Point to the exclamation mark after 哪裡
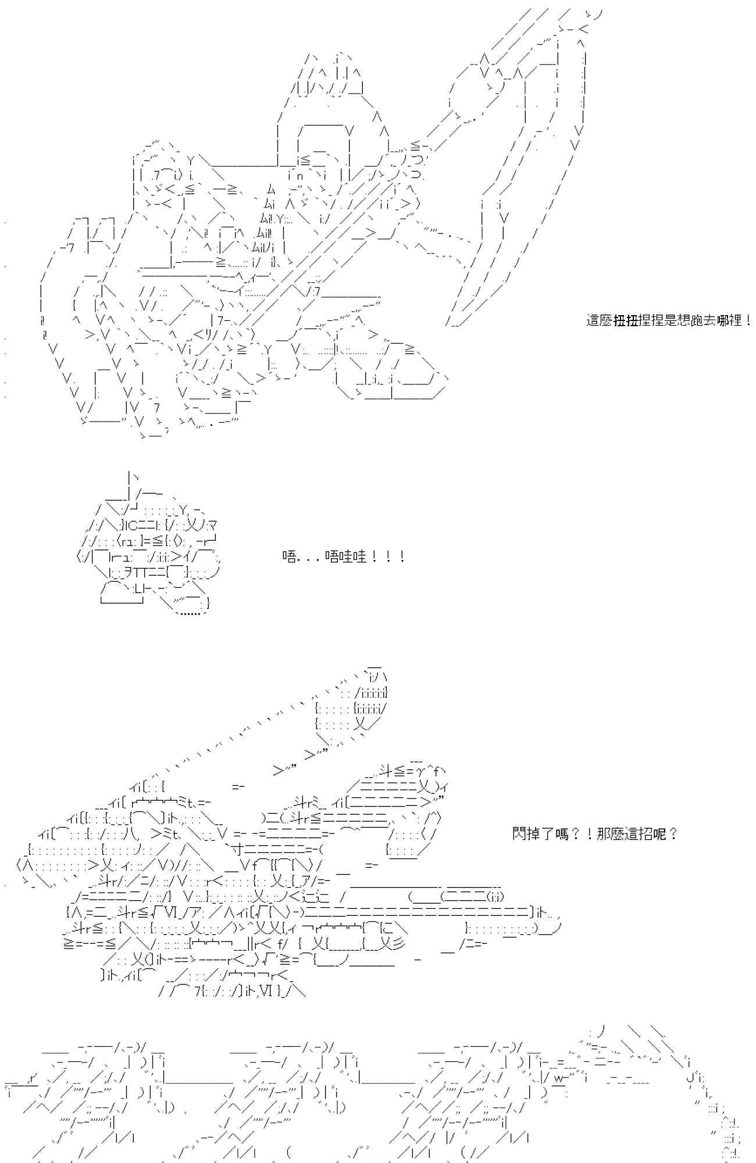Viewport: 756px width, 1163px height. pyautogui.click(x=747, y=320)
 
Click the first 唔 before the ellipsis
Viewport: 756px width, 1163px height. pyautogui.click(x=289, y=557)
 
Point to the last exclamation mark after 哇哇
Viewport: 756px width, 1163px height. pyautogui.click(x=402, y=557)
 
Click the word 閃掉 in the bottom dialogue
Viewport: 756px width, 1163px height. pyautogui.click(x=525, y=834)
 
